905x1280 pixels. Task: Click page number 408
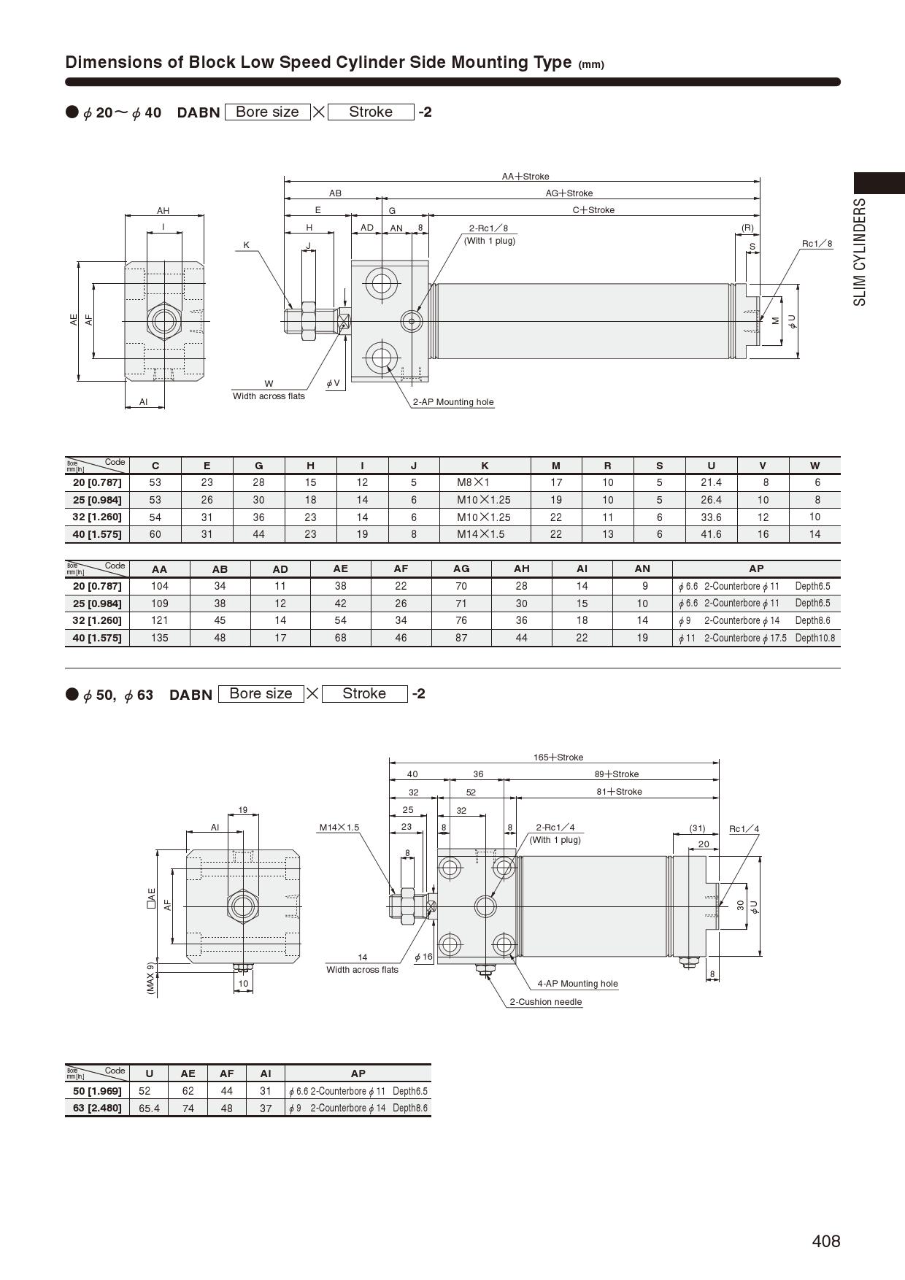826,1241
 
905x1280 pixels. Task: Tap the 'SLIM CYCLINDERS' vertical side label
860,252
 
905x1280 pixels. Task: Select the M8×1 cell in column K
473,482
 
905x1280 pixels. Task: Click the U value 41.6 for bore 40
711,534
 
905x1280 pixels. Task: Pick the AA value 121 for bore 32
159,620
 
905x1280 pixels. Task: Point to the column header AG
461,568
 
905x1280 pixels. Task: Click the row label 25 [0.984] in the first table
97,500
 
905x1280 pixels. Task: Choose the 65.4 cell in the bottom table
149,1108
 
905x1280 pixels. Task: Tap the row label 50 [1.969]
97,1091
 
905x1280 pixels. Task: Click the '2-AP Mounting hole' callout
453,402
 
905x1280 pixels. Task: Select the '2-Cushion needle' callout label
546,1002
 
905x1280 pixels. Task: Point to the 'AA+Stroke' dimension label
525,177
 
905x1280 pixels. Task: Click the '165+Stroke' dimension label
558,757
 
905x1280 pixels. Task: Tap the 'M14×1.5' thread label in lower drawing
339,828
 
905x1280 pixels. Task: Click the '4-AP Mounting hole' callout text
577,984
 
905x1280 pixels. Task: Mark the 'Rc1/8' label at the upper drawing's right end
817,244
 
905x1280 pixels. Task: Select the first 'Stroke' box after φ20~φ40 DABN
371,112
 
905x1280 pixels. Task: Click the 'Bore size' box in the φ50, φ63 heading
261,693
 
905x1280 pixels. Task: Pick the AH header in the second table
521,568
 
